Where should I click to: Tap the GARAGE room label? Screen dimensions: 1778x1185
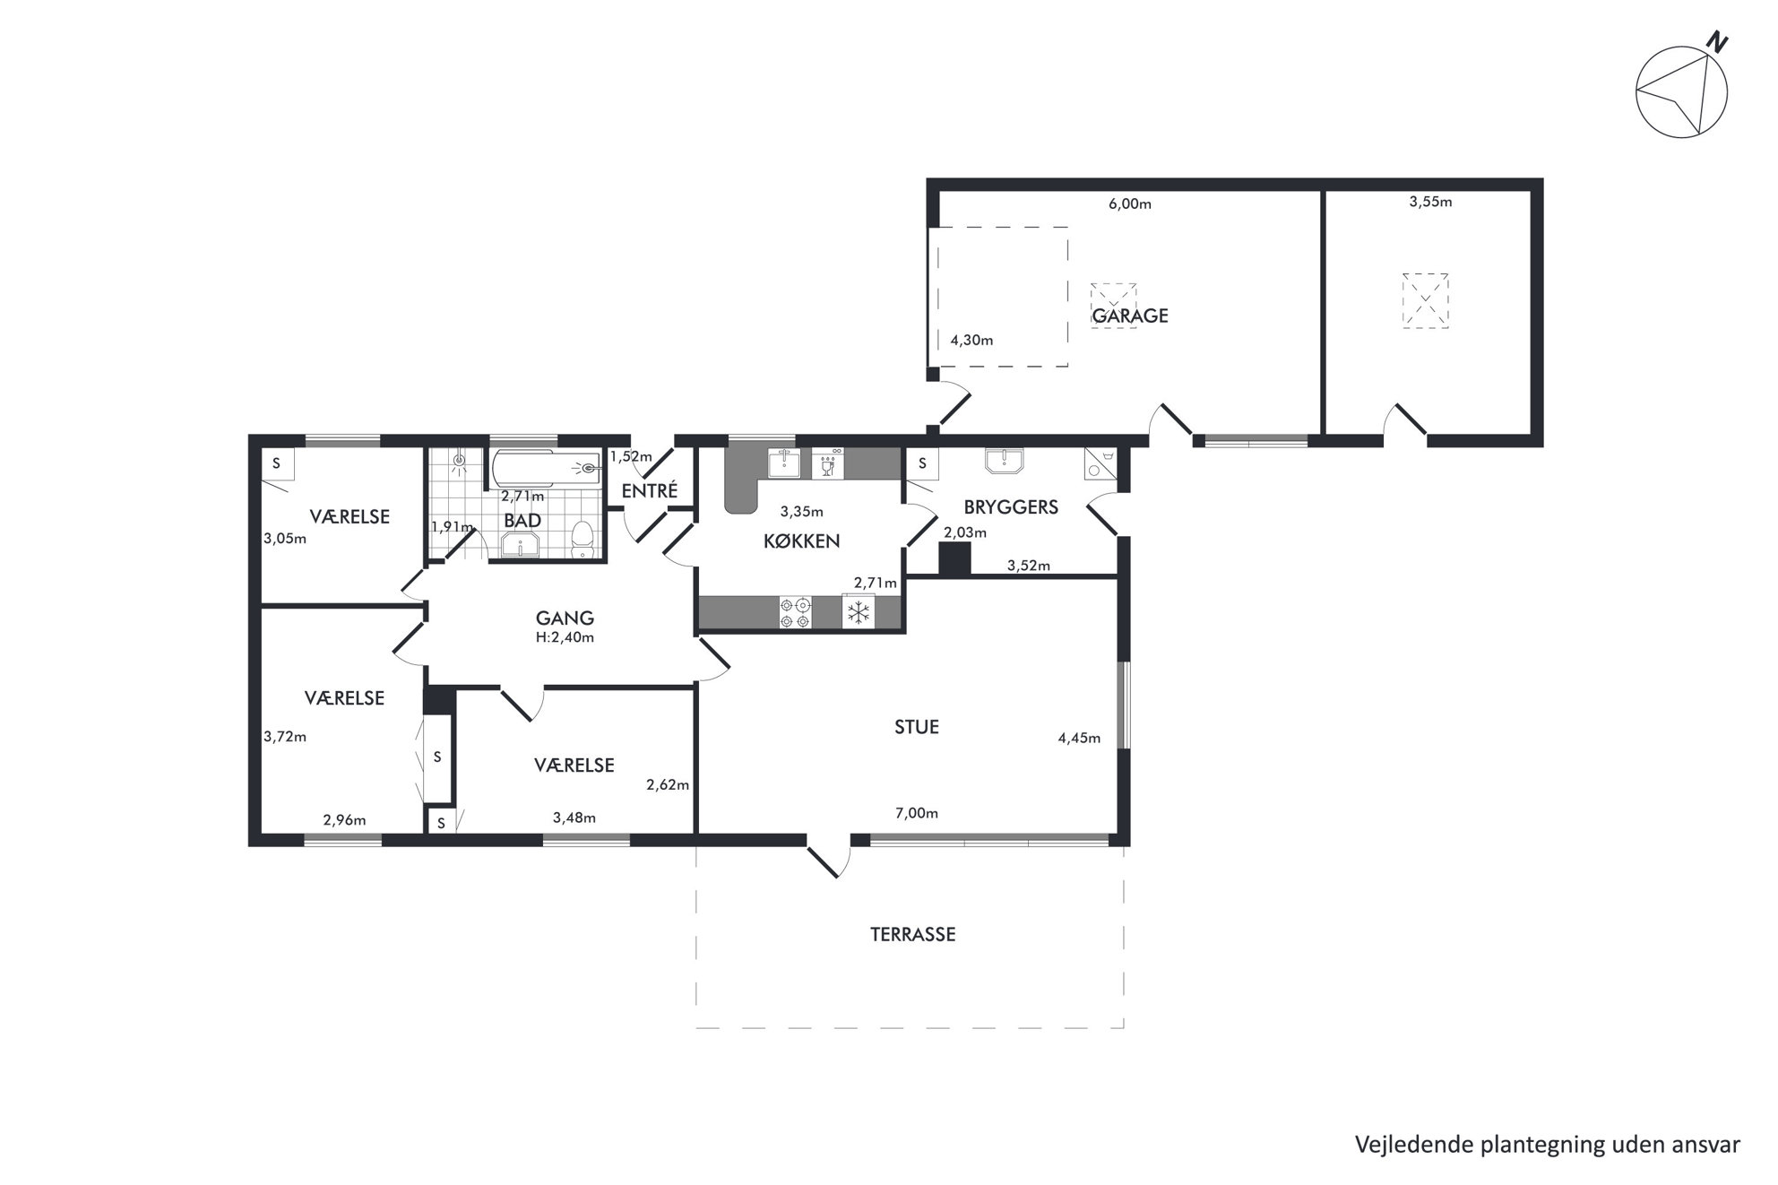1129,316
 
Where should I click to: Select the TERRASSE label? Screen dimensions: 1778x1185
912,934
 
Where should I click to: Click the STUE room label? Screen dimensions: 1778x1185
916,727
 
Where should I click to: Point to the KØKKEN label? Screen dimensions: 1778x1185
801,541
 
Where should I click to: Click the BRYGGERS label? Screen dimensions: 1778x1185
1011,507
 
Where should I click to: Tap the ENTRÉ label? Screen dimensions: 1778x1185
649,491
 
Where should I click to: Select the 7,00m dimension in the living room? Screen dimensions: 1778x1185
917,814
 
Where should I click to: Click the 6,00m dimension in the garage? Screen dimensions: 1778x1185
1130,203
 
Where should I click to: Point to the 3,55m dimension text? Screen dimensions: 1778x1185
1430,202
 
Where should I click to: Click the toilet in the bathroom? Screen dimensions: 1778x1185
583,540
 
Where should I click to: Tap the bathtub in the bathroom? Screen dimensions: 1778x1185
546,467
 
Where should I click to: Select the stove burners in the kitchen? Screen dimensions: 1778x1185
796,612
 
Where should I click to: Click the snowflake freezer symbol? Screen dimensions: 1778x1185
859,612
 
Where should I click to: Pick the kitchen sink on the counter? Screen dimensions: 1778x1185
785,463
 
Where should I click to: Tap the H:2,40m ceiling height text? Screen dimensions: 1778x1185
565,638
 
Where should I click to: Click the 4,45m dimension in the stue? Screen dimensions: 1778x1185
1079,739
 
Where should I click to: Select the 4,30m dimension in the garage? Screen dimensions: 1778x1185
971,341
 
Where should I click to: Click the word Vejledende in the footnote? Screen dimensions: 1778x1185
1404,1145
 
